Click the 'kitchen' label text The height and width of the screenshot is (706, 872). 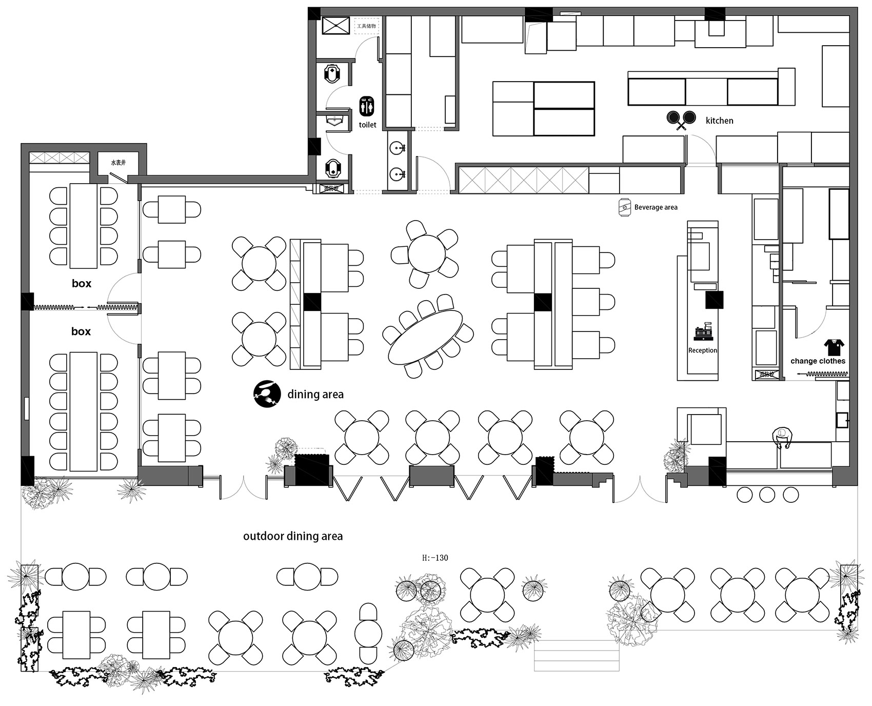pos(719,121)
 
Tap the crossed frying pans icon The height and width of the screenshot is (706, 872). pos(681,120)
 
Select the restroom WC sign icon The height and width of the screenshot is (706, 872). pos(367,106)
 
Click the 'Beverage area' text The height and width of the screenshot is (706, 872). pos(656,207)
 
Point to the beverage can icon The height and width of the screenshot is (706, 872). pos(624,207)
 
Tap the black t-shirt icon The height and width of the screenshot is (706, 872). pos(834,347)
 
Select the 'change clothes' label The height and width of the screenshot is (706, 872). pos(818,361)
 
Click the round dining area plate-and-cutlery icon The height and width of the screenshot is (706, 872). pos(267,394)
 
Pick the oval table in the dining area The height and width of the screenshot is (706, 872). pos(425,337)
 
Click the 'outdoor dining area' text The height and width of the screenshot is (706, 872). pos(293,537)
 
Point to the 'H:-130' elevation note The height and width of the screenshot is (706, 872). pos(435,558)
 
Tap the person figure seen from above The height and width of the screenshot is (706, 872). pos(782,438)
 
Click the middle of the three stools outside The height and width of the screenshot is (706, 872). pos(767,495)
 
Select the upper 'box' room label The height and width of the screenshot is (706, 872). pos(82,283)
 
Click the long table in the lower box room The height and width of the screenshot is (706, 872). pos(84,411)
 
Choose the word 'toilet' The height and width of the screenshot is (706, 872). pos(367,125)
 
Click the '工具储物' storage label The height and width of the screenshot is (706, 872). pos(366,26)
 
